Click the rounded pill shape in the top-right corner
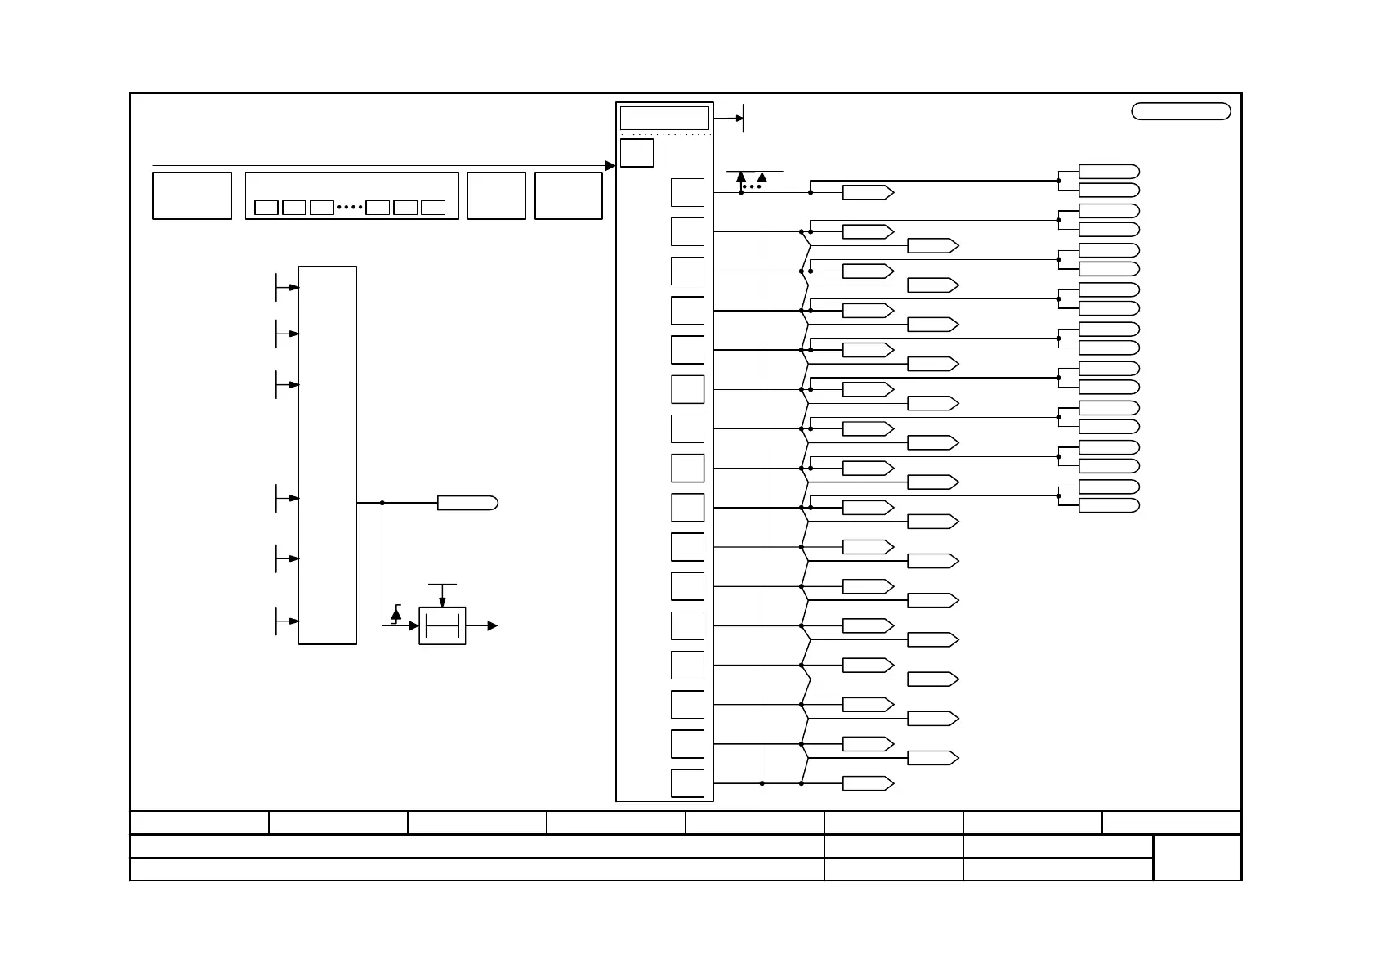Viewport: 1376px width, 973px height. [x=1181, y=112]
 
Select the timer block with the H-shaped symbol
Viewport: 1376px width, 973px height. [x=442, y=625]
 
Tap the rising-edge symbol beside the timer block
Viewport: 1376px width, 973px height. [x=396, y=614]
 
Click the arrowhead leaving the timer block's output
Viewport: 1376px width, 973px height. [x=493, y=625]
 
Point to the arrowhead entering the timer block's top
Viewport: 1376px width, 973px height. [x=442, y=603]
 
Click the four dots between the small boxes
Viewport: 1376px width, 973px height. [x=349, y=208]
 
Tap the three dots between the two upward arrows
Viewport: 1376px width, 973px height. [x=752, y=187]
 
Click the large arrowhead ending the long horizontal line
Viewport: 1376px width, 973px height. [x=610, y=166]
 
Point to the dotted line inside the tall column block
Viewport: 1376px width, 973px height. [x=664, y=134]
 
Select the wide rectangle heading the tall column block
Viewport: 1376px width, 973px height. [x=664, y=118]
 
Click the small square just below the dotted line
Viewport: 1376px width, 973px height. [x=637, y=153]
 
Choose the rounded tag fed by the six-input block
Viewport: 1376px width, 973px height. [x=467, y=503]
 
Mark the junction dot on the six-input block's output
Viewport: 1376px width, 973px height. [x=382, y=503]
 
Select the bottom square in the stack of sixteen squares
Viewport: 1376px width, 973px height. [x=687, y=783]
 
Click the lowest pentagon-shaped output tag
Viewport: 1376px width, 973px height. [x=868, y=783]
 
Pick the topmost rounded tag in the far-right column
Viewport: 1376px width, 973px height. [x=1109, y=171]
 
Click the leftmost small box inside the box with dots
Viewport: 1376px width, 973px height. [x=266, y=208]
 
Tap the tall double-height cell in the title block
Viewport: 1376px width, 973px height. [x=1197, y=858]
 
